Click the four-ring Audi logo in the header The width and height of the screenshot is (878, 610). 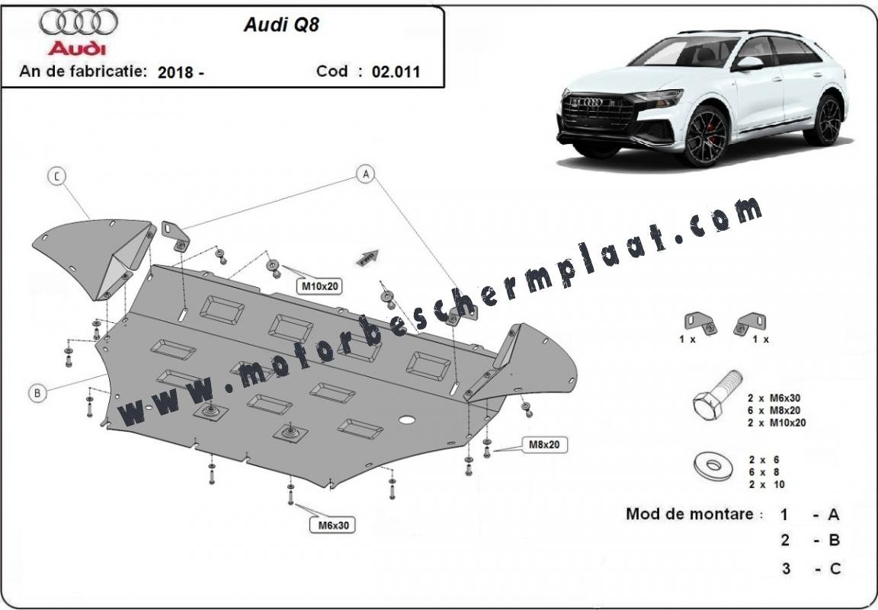[79, 22]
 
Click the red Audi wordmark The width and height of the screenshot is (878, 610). [77, 49]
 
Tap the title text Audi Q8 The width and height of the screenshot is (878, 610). [281, 25]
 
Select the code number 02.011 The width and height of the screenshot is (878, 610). [396, 72]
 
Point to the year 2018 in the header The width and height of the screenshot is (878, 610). [175, 72]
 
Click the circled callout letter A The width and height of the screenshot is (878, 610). [366, 174]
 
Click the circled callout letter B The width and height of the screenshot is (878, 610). [37, 393]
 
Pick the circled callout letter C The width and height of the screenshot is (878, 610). [56, 176]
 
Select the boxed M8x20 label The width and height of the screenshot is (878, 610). [544, 445]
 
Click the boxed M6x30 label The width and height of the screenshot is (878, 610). [333, 525]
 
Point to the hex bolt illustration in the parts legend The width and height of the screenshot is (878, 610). [716, 396]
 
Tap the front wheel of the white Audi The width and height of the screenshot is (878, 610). [706, 136]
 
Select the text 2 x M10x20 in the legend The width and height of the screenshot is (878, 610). [777, 423]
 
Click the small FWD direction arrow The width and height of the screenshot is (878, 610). [367, 257]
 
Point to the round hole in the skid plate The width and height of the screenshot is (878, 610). [407, 419]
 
